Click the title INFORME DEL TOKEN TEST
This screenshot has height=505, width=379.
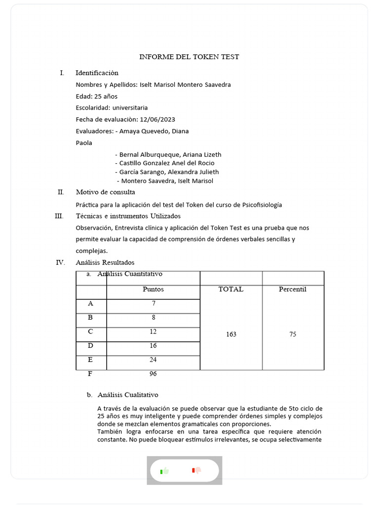pos(189,57)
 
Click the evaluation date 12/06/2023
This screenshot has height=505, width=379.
pos(157,119)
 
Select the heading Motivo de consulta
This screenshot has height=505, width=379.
pos(105,192)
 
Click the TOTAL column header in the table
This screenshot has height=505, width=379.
pos(231,289)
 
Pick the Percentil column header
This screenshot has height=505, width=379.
pos(293,289)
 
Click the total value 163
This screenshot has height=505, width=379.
pos(231,334)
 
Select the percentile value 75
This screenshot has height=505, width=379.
pos(293,334)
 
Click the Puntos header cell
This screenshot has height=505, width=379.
pos(153,289)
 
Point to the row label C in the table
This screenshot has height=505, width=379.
pos(90,332)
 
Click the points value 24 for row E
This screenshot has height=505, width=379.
pos(153,360)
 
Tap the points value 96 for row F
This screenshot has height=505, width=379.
pos(153,374)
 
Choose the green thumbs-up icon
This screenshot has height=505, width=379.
pos(164,470)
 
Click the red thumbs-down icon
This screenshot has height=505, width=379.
pos(196,470)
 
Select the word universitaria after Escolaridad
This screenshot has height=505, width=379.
pos(130,108)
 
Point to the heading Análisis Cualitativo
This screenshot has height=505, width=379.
pos(128,395)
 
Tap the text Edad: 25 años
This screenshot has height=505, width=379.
pos(97,96)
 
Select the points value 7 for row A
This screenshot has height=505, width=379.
pos(153,304)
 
